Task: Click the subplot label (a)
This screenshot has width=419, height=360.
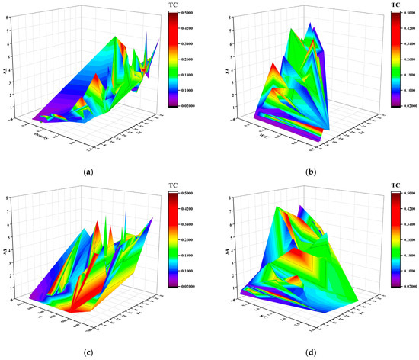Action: click(x=89, y=172)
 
